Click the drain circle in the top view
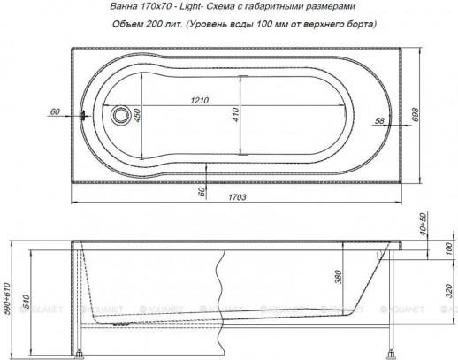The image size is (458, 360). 122,114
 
